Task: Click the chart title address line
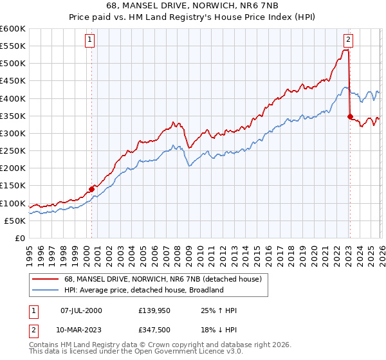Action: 193,6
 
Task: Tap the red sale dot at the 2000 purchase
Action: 91,189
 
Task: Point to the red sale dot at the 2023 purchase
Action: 350,116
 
